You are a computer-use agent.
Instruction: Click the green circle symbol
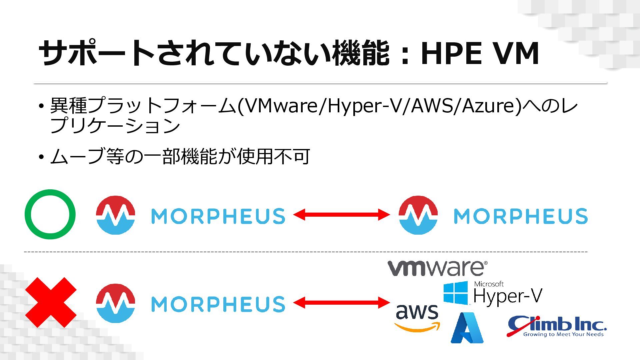[x=50, y=214]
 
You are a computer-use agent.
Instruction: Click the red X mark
[x=51, y=302]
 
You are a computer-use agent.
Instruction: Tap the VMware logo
[x=437, y=268]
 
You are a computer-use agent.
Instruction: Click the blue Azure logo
[x=467, y=328]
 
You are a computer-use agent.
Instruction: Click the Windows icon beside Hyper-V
[x=456, y=293]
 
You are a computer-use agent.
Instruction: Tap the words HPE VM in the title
[x=480, y=53]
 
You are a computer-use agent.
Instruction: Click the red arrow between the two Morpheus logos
[x=341, y=215]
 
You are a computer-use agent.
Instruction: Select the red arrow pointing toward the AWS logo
[x=341, y=303]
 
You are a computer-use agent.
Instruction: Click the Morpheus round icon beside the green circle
[x=115, y=215]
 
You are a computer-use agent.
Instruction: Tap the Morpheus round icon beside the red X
[x=115, y=303]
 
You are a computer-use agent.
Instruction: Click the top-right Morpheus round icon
[x=418, y=215]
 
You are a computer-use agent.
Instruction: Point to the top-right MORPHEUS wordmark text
[x=521, y=216]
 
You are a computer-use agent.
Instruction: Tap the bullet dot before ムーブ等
[x=41, y=157]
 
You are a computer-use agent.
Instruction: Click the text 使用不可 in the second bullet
[x=273, y=157]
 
